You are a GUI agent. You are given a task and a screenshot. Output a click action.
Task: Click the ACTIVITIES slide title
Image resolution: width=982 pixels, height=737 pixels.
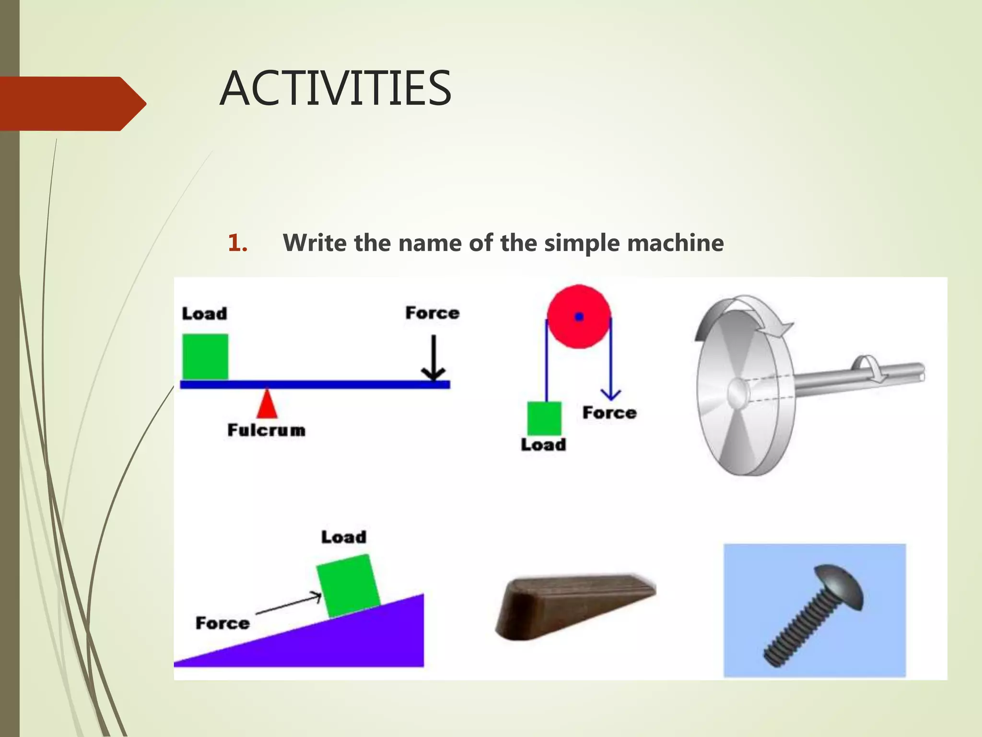click(x=335, y=88)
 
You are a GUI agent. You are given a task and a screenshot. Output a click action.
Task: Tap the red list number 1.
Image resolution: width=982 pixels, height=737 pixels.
click(x=237, y=243)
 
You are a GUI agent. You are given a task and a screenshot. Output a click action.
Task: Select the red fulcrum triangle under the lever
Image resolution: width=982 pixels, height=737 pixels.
click(x=267, y=404)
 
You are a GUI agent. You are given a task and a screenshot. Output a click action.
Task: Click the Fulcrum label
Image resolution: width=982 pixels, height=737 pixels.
click(x=266, y=430)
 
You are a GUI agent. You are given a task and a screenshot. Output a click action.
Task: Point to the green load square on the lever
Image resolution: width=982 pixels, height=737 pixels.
click(x=205, y=357)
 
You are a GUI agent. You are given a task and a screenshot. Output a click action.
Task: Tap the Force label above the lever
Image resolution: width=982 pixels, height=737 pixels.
click(x=432, y=313)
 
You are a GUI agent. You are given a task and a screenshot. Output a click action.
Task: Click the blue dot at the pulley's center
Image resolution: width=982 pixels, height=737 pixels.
click(x=579, y=317)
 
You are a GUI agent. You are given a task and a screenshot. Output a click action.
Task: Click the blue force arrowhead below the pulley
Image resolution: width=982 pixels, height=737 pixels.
click(x=610, y=394)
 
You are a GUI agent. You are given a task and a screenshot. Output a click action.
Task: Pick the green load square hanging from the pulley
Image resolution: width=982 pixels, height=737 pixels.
click(x=544, y=418)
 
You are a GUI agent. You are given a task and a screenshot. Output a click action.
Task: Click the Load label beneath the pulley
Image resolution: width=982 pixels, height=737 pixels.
click(x=543, y=445)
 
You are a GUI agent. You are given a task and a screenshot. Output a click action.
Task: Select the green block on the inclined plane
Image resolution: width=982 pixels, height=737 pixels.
click(x=348, y=586)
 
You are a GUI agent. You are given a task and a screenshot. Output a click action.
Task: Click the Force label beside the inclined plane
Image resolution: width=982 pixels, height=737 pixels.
click(x=222, y=623)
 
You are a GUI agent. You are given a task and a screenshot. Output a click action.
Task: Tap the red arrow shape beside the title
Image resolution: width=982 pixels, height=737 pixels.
click(x=72, y=104)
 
